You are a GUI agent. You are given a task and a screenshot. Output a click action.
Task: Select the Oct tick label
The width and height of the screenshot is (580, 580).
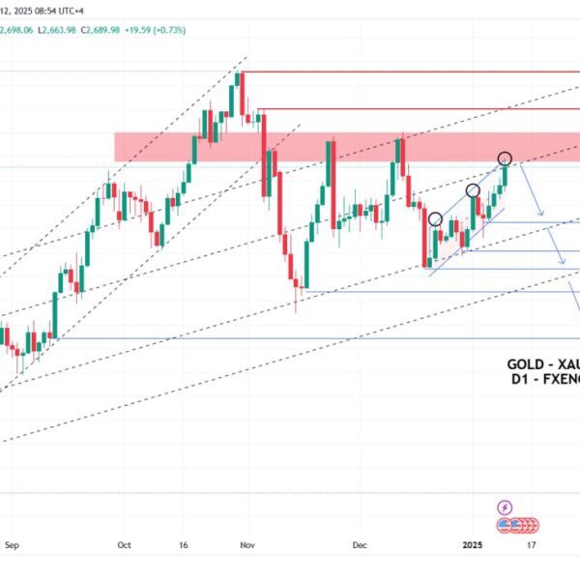(123, 544)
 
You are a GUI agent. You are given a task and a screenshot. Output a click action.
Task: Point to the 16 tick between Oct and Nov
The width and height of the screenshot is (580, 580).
(185, 544)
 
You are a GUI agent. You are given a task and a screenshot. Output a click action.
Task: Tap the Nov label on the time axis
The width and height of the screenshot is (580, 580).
(248, 544)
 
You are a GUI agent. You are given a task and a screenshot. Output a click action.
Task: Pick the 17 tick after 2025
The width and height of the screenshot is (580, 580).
(531, 544)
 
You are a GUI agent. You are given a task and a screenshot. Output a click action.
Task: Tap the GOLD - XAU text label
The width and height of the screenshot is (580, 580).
(542, 364)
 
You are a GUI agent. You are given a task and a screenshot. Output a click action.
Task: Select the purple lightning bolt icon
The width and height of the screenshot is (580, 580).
(504, 507)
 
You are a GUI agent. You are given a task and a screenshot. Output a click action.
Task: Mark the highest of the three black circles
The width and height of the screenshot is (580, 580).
(505, 158)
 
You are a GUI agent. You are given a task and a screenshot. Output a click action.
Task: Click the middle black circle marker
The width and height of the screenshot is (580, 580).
(474, 190)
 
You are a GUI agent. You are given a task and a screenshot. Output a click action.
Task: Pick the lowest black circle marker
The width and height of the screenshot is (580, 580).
(435, 219)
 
